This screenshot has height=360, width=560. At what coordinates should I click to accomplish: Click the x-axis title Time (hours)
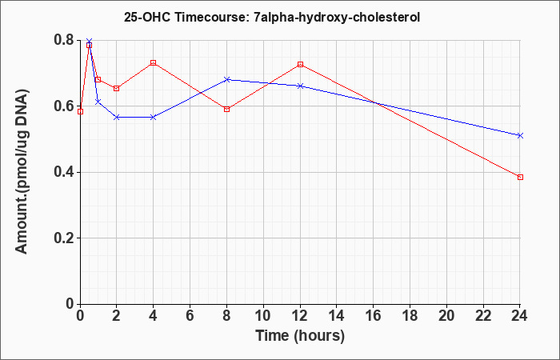coord(300,336)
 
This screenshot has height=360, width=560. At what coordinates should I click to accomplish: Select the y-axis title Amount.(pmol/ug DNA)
coord(22,172)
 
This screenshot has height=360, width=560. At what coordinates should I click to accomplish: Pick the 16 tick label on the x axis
coord(374,316)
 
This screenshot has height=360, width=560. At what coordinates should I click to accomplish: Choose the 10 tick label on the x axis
coord(263,316)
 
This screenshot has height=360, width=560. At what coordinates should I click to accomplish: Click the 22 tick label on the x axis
coord(483,316)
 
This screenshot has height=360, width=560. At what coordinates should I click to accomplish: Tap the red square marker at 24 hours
coord(520,177)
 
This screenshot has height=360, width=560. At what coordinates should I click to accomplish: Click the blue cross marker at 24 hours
coord(520,135)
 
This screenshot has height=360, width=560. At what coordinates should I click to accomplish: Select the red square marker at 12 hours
coord(300,64)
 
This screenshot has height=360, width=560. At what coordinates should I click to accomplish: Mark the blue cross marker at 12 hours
coord(300,86)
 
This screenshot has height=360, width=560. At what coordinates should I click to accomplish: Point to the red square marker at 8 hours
coord(226,109)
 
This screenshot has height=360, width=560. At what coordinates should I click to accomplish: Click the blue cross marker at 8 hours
coord(226,79)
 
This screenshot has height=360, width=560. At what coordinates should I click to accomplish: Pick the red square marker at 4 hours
coord(154,62)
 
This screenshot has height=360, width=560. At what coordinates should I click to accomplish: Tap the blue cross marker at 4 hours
coord(154,117)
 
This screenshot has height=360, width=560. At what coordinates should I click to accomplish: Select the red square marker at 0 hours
coord(80,111)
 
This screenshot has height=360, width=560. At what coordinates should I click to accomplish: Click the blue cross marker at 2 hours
coord(117,117)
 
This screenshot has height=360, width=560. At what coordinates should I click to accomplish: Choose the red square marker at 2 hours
coord(117,88)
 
